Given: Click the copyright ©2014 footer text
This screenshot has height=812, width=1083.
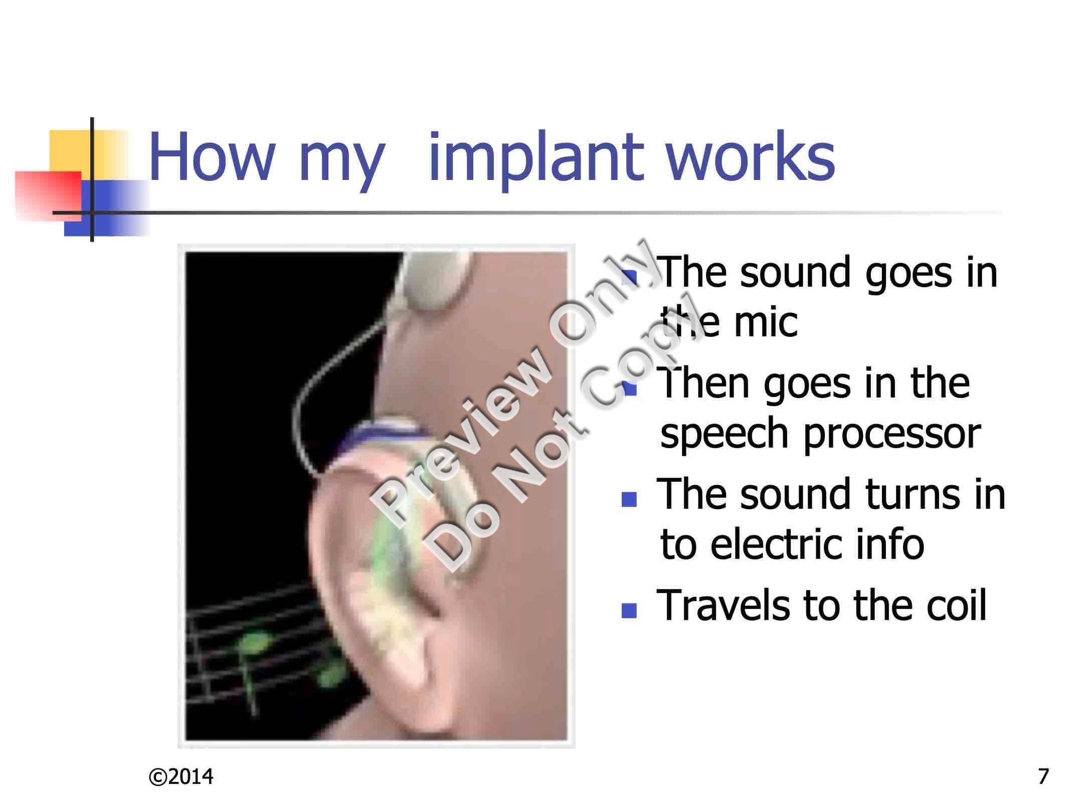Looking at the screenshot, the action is tap(181, 776).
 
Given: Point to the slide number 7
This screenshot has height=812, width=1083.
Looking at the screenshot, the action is tap(1043, 776).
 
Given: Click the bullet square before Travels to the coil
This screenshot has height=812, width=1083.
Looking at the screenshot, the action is tap(629, 610).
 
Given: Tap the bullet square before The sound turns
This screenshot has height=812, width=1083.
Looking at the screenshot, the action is tap(629, 499).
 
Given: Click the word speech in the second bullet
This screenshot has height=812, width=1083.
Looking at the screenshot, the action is tap(727, 434).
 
